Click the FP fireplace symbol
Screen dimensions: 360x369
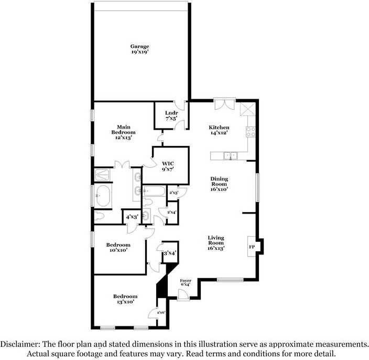coord(252,246)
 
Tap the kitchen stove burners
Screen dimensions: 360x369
coord(251,132)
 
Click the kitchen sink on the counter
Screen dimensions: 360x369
coord(230,155)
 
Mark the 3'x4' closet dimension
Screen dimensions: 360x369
coord(170,253)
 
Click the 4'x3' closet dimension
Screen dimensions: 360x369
coord(130,216)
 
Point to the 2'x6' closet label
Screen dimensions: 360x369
coord(160,313)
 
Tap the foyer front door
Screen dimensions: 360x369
coord(183,294)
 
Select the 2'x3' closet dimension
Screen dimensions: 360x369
coord(173,193)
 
